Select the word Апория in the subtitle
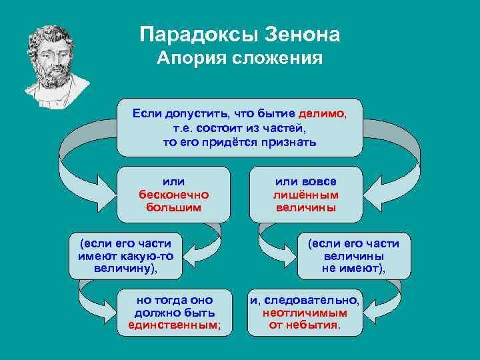tap(191, 59)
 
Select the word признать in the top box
tap(289, 142)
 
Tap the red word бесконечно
tap(173, 195)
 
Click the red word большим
tap(173, 207)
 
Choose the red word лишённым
tap(306, 195)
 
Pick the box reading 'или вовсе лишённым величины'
tap(306, 195)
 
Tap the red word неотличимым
tap(305, 313)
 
